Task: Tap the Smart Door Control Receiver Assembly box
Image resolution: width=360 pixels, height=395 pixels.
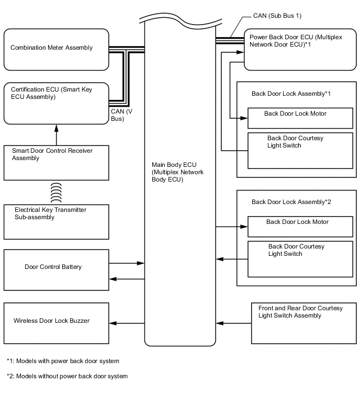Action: tap(56, 163)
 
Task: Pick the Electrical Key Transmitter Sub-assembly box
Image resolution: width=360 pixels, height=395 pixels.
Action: tap(56, 221)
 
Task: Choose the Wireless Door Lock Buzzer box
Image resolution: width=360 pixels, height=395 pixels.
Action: tap(56, 321)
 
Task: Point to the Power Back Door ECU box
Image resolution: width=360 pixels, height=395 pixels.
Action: tap(299, 50)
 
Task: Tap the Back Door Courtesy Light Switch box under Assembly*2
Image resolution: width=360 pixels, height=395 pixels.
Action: tap(300, 258)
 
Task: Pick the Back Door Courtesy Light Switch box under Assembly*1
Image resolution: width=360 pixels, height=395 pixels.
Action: tap(300, 150)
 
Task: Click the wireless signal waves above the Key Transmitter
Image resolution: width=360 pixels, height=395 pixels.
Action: tap(56, 193)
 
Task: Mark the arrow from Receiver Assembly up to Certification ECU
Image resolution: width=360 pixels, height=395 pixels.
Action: tap(56, 134)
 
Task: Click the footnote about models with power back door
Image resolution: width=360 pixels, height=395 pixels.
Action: tap(63, 361)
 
